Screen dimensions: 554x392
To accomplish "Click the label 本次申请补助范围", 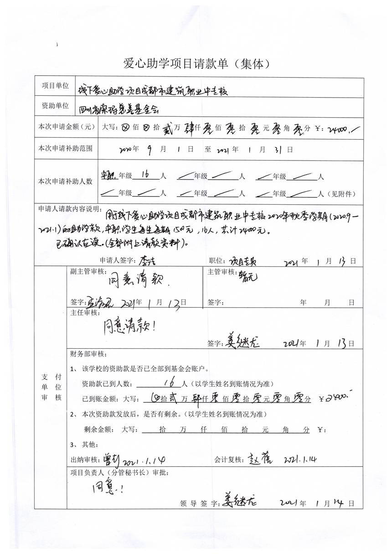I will point(65,149).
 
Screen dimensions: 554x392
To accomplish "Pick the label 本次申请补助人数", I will point(65,181).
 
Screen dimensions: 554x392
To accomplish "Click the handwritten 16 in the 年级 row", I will point(146,175).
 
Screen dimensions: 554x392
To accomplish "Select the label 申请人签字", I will point(115,261).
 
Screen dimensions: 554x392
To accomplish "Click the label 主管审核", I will point(221,272).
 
